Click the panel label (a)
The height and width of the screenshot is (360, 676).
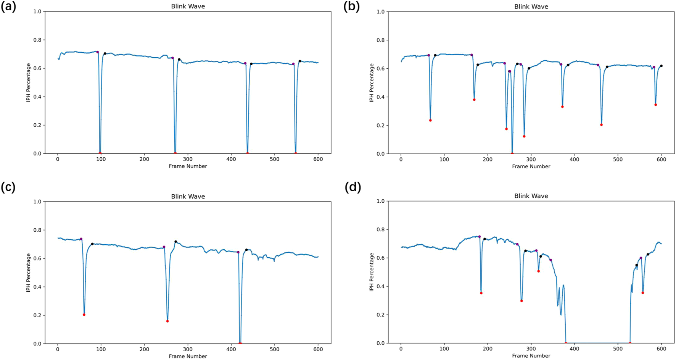[8, 7]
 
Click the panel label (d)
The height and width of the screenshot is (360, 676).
[352, 187]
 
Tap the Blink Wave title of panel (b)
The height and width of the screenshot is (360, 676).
[531, 6]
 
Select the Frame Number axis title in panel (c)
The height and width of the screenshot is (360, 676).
[188, 356]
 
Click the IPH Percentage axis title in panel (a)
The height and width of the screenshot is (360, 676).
[28, 82]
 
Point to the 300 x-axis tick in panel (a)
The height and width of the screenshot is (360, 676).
[188, 159]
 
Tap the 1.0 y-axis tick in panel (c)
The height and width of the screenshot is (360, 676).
[37, 202]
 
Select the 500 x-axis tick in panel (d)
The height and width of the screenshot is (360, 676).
[618, 349]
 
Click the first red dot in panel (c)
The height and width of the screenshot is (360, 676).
[84, 315]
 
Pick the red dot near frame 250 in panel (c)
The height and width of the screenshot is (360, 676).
[167, 321]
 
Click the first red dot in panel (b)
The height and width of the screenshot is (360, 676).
[430, 120]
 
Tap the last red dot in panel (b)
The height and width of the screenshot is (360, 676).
[656, 105]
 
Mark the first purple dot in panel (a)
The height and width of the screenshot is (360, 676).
[97, 52]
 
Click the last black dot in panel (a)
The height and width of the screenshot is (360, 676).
[300, 61]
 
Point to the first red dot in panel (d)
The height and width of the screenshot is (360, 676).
[481, 293]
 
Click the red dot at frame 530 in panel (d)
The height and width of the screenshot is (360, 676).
[630, 343]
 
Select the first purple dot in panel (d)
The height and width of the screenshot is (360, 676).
[480, 237]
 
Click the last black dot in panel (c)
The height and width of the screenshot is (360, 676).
[246, 250]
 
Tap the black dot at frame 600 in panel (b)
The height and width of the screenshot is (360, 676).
[662, 66]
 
